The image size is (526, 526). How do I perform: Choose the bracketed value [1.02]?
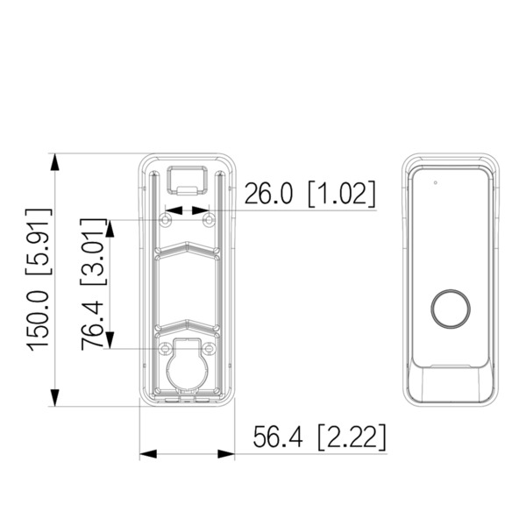[x=342, y=193]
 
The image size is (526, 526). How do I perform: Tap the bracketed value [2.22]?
[x=352, y=436]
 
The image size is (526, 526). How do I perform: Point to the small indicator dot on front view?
[x=435, y=183]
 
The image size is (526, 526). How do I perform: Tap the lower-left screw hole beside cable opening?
[x=164, y=347]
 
